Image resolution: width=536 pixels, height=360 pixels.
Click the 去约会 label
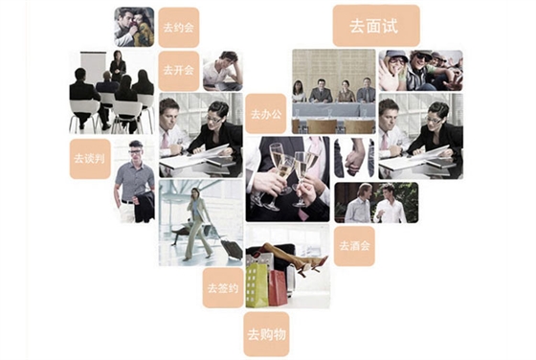179,28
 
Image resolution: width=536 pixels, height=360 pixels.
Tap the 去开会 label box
179,71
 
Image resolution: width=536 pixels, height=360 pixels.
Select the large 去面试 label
376,26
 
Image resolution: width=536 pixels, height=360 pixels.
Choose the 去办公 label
266,114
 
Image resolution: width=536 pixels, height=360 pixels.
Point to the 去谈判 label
90,159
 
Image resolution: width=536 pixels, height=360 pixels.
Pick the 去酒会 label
354,246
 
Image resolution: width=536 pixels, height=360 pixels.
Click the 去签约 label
223,288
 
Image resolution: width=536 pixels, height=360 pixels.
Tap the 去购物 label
267,334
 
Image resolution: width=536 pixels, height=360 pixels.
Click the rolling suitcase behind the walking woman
231,248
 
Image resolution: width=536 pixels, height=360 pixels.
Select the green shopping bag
257,284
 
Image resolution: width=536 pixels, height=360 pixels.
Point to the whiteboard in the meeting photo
93,67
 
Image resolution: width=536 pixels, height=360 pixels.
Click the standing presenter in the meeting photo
118,67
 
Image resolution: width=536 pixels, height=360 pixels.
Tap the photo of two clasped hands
354,157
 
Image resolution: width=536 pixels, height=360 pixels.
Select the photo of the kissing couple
134,27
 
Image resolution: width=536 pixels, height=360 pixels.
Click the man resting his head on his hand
222,71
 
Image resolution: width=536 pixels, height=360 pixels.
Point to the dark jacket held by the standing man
144,206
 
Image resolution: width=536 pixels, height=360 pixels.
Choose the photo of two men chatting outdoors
376,202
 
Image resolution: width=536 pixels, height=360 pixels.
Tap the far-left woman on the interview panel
299,92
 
